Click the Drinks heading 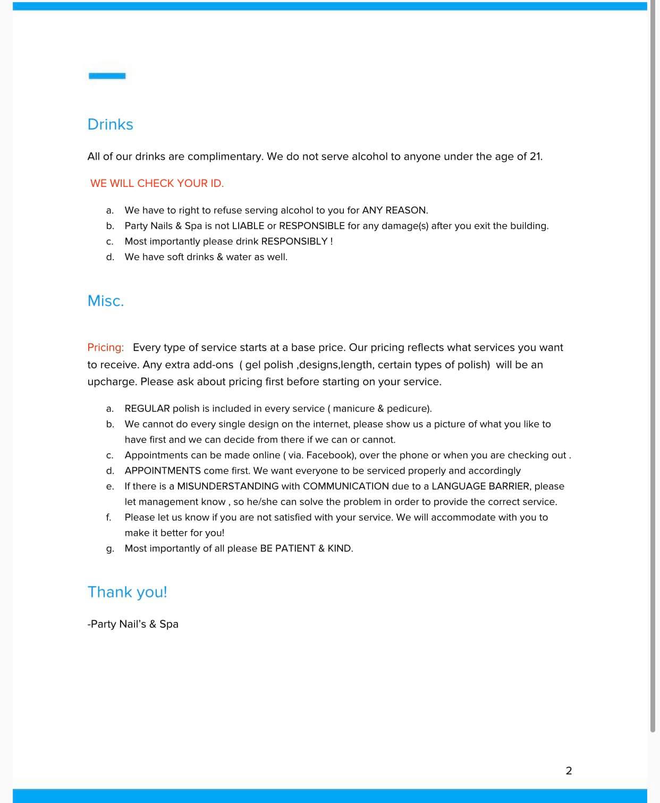pos(110,124)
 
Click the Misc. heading pos(106,301)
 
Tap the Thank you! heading pos(127,592)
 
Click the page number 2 pos(569,771)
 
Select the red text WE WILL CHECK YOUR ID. pos(157,183)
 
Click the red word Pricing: pos(106,347)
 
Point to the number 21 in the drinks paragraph pos(535,157)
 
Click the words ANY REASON pos(394,210)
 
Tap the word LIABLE pos(248,226)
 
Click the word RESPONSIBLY pos(294,241)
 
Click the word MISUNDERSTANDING pos(227,486)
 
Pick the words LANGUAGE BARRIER pos(480,486)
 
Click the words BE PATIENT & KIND pos(306,548)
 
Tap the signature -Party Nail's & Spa pos(133,624)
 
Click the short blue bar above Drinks pos(107,76)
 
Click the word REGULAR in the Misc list pos(147,408)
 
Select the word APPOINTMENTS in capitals pos(163,471)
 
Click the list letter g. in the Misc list pos(110,549)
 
